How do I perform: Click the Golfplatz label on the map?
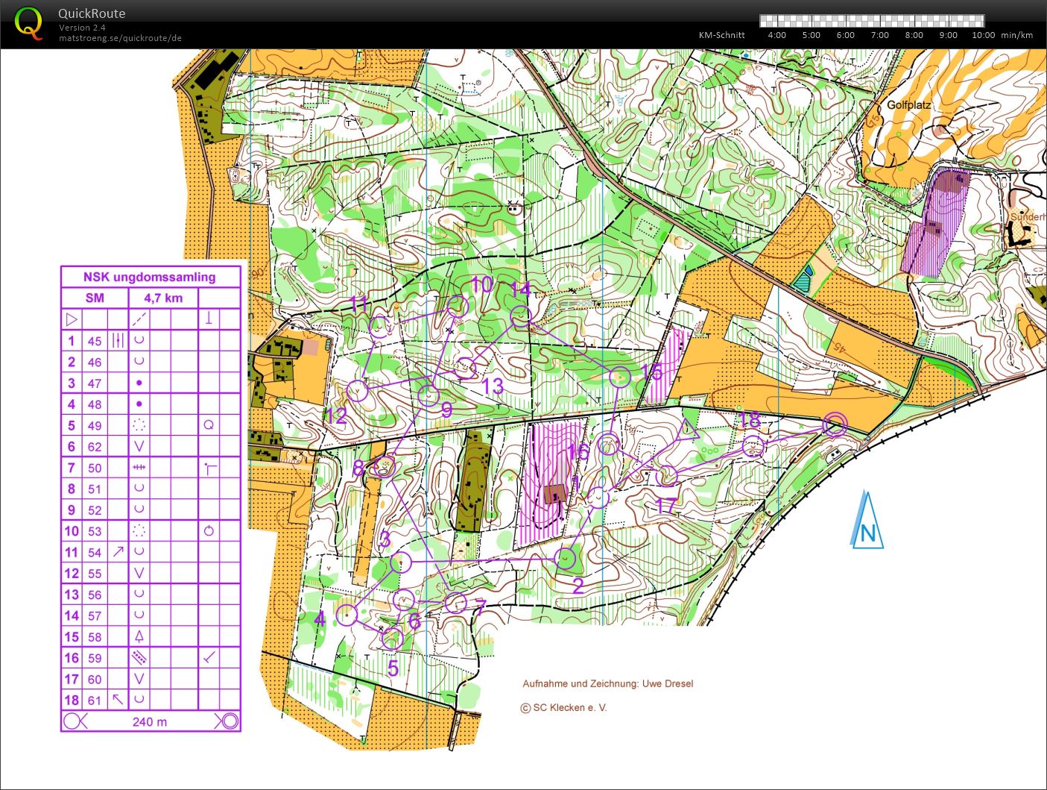(x=908, y=105)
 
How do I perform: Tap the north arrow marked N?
(x=867, y=521)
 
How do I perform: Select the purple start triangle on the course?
(x=689, y=430)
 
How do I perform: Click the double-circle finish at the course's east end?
(x=835, y=424)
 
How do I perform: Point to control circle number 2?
(x=566, y=558)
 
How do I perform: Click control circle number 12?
(x=358, y=391)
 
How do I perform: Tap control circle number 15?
(x=620, y=377)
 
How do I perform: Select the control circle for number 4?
(x=347, y=615)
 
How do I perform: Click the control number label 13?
(x=493, y=386)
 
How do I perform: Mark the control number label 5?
(x=393, y=668)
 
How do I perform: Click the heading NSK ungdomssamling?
(x=150, y=277)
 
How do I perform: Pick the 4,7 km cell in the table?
(x=163, y=298)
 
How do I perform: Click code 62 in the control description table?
(x=94, y=447)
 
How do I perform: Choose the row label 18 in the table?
(x=71, y=700)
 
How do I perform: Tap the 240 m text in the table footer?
(x=150, y=721)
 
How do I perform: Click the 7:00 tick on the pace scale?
(x=879, y=35)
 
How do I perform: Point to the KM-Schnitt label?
(x=721, y=35)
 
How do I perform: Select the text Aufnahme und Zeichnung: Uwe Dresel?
(x=607, y=683)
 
